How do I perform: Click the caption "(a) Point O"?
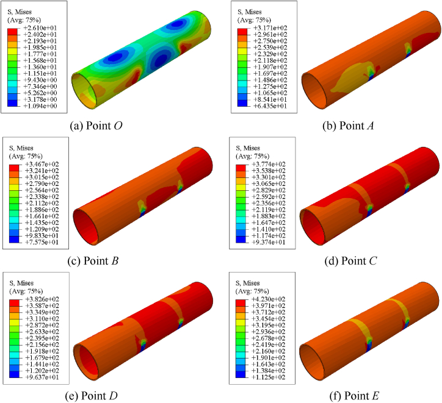click(x=96, y=126)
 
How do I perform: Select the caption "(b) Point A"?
click(x=348, y=126)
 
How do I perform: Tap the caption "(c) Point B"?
click(x=93, y=261)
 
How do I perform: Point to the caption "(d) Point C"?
click(x=350, y=261)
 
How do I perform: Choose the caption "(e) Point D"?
click(x=91, y=396)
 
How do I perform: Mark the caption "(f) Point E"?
click(x=354, y=396)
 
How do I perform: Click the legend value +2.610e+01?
click(x=40, y=28)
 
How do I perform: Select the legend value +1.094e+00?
click(x=40, y=106)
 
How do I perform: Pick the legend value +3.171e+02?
click(x=270, y=28)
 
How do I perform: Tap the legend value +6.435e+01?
click(x=270, y=106)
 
